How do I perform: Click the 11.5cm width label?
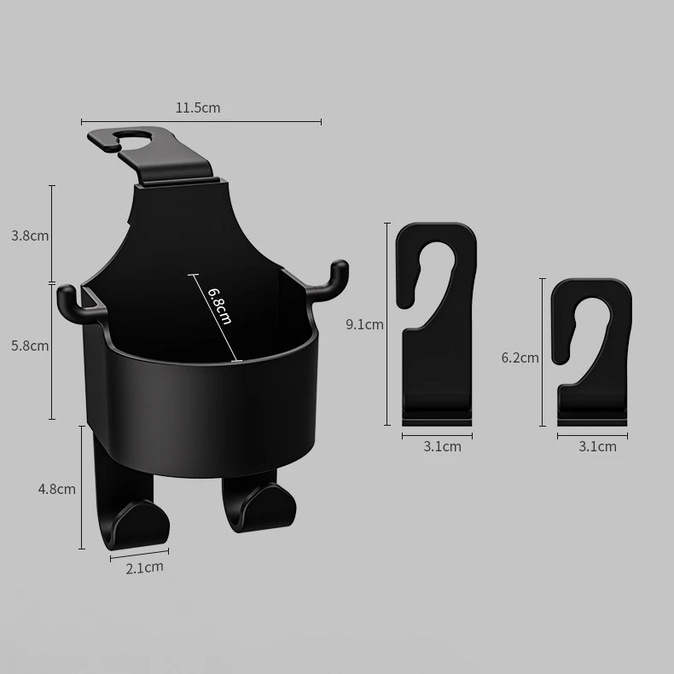point(198,107)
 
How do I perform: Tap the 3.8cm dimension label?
point(30,235)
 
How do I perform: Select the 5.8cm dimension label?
point(30,346)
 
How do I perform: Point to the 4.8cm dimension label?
point(57,489)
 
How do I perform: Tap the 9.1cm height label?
point(364,324)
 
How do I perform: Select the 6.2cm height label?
point(520,358)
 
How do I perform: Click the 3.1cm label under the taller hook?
point(442,446)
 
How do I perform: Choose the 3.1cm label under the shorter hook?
point(597,446)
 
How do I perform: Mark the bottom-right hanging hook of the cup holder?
point(256,503)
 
